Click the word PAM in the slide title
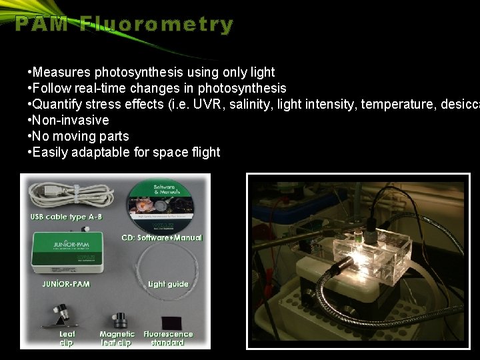coord(42,25)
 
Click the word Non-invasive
coord(71,120)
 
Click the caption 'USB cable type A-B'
coord(66,217)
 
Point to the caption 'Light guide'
coord(168,284)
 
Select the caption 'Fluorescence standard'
coord(168,338)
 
